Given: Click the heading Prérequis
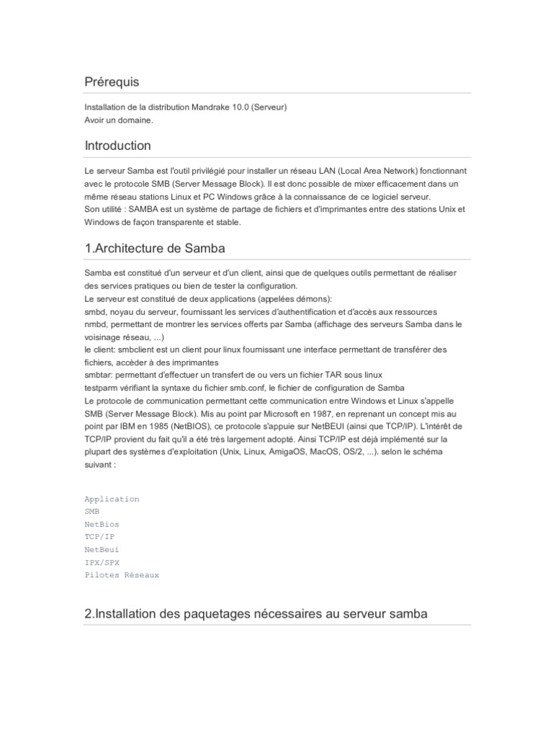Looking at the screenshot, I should [x=112, y=82].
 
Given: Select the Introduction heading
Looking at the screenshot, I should [x=117, y=146].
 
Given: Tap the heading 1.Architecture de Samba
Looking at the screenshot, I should [x=155, y=249].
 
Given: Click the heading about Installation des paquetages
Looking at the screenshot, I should [x=256, y=614].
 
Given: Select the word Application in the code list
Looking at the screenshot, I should [x=112, y=499].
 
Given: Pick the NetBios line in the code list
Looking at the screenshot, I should [x=102, y=524].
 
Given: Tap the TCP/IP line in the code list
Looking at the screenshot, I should [x=99, y=537].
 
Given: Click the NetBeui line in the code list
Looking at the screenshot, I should [x=102, y=549].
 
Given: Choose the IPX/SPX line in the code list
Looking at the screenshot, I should [x=102, y=562].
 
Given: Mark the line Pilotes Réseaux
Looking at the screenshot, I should [x=122, y=575].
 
